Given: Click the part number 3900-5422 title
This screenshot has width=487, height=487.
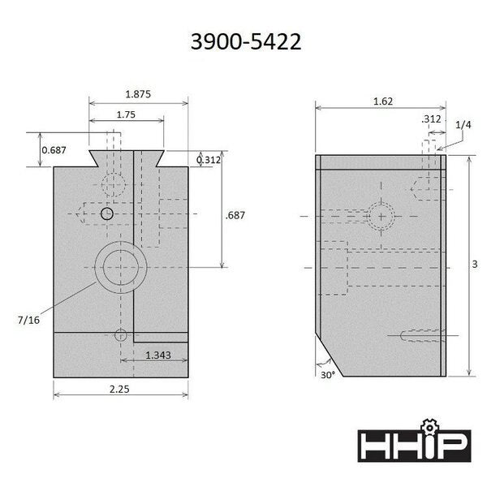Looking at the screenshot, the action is pos(246,41).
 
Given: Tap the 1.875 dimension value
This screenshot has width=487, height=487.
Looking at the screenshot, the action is pos(138,94).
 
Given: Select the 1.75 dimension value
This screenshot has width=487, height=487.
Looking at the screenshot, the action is pos(126,115).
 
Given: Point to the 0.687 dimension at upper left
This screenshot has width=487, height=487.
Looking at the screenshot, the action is pos(54,150).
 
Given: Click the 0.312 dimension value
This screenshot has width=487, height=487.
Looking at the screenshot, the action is pos(209,160).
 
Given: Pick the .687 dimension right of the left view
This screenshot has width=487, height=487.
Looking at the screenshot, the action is pos(235,215).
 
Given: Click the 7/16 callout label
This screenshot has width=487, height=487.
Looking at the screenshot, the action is pos(28,320).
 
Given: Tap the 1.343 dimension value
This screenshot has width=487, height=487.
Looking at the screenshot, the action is pos(158,355).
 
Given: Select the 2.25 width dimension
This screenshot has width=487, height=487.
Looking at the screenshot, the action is pos(119,389).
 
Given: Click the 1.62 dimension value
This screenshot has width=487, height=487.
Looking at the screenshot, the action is pos(383,101).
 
